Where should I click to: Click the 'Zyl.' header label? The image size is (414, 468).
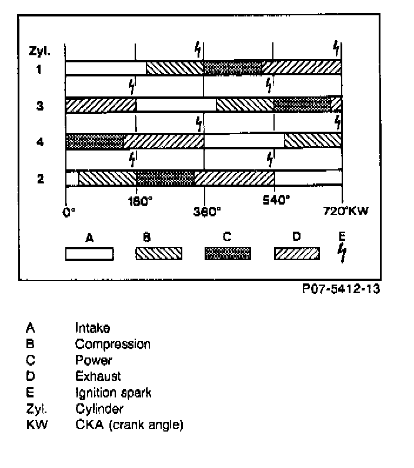[x=40, y=51]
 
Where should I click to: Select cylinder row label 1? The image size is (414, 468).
[x=39, y=69]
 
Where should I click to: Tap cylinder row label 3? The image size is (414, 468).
[x=39, y=107]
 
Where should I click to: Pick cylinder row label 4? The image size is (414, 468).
[x=39, y=142]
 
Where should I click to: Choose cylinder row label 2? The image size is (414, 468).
[x=39, y=179]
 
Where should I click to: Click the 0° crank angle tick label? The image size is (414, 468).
[x=69, y=212]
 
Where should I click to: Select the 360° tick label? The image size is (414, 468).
[x=207, y=212]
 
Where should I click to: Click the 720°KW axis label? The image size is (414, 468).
[x=346, y=212]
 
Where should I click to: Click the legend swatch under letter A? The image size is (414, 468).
[x=89, y=253]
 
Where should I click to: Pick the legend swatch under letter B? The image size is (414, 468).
[x=159, y=253]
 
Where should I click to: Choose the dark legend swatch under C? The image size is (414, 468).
[x=228, y=253]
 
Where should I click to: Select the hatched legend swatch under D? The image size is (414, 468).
[x=297, y=253]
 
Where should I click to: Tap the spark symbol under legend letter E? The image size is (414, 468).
[x=342, y=253]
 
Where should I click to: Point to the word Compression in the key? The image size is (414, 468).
[x=113, y=345]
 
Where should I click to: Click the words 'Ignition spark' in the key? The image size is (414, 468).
[x=113, y=392]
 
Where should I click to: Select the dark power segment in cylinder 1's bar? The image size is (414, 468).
[x=233, y=68]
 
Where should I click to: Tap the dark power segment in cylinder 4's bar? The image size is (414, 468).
[x=95, y=142]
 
